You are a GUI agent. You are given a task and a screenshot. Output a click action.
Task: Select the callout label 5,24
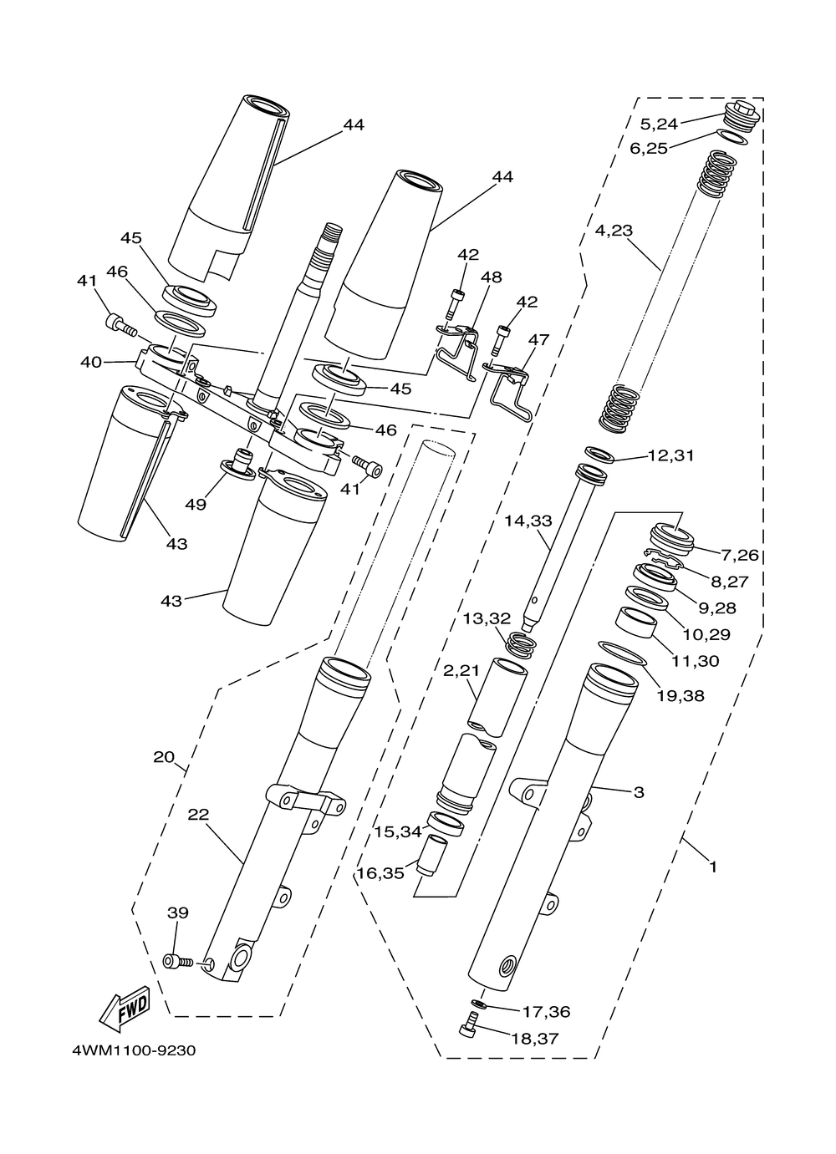[659, 125]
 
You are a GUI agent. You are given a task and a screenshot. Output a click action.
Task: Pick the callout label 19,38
[681, 695]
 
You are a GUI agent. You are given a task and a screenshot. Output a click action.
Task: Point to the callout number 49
[196, 505]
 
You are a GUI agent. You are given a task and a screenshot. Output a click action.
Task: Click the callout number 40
[91, 362]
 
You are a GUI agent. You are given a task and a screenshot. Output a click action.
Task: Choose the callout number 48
[492, 277]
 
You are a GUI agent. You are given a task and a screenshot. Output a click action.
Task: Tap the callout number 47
[538, 339]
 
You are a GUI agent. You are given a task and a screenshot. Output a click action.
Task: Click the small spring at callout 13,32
[521, 645]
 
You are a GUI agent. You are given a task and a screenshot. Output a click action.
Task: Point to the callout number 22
[198, 815]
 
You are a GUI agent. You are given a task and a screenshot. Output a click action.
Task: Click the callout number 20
[164, 757]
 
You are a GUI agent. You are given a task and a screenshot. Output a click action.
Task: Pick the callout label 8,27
[729, 582]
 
